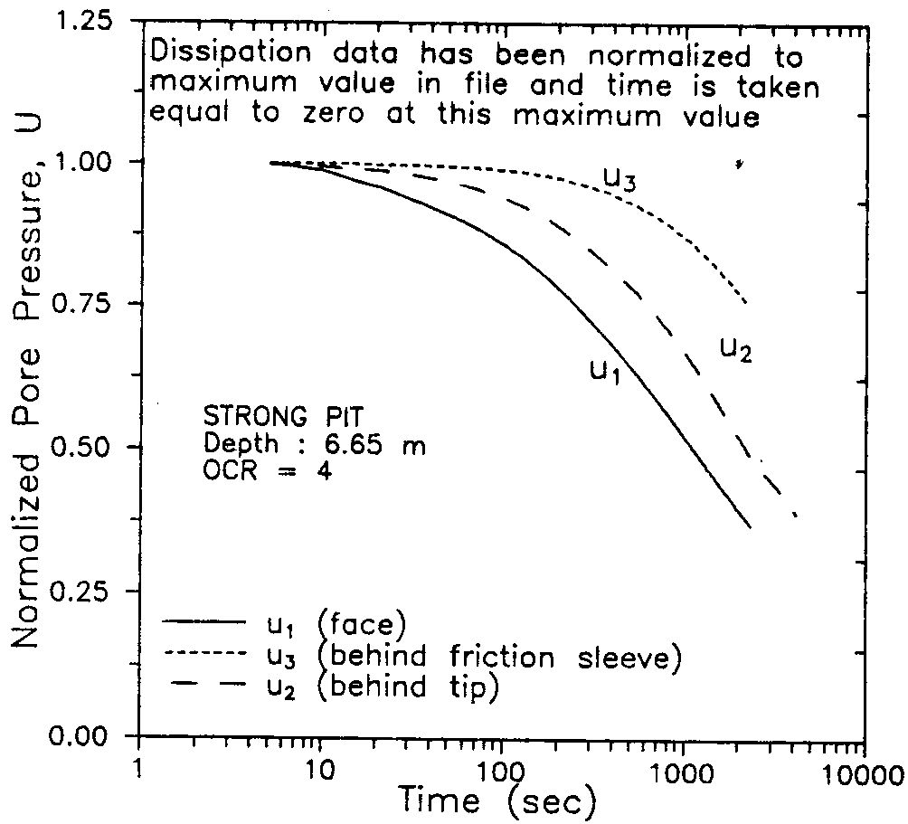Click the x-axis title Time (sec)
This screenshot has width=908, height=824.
(500, 800)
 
